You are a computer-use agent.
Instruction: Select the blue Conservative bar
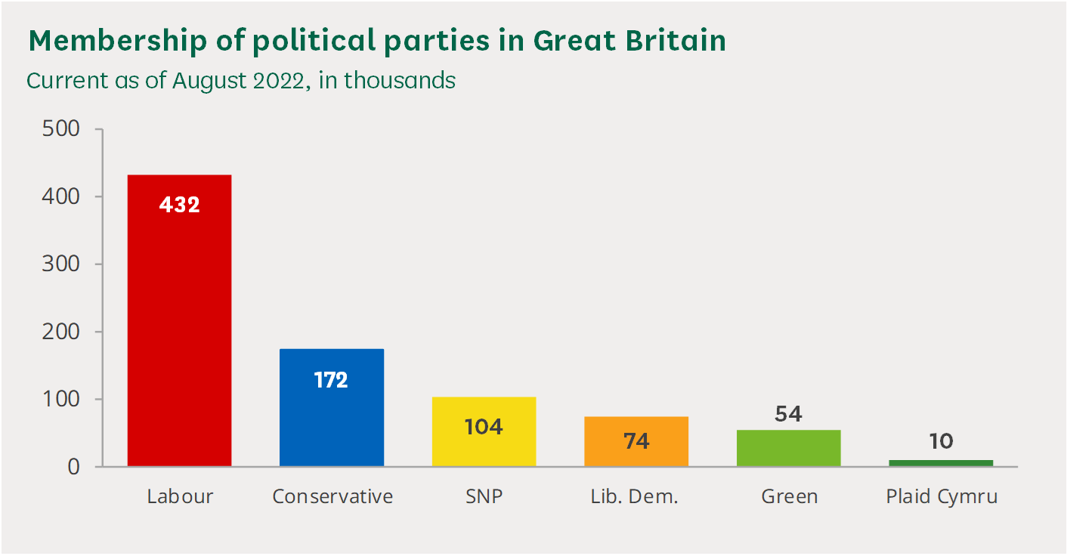click(x=332, y=423)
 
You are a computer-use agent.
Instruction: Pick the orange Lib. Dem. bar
click(x=636, y=453)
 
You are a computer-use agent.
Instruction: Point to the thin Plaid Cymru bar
click(x=941, y=462)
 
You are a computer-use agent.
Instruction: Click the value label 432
click(x=179, y=205)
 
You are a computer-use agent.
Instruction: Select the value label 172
click(x=332, y=379)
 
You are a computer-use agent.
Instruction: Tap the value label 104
click(x=484, y=427)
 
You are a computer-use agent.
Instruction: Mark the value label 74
click(x=636, y=441)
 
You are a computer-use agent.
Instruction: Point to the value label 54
click(x=788, y=414)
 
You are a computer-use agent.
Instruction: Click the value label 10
click(x=941, y=441)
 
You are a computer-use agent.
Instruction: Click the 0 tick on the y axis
click(x=73, y=467)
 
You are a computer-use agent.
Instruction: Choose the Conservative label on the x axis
click(x=332, y=497)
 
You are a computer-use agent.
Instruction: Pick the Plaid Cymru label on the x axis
click(x=942, y=497)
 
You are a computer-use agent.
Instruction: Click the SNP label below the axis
click(x=484, y=497)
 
